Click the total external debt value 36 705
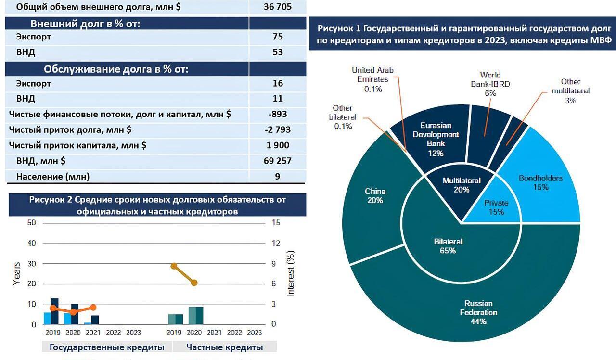tap(277, 7)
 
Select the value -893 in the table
tap(277, 114)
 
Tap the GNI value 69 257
tap(277, 160)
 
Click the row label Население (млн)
tap(53, 176)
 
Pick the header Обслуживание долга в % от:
tap(115, 69)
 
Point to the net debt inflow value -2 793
tap(277, 129)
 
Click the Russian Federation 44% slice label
tap(478, 312)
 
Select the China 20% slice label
tap(375, 195)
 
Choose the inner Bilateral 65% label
tap(448, 245)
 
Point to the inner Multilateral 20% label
tap(462, 185)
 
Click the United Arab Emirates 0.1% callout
tap(372, 79)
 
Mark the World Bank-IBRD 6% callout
tap(490, 84)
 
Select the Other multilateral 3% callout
tap(570, 91)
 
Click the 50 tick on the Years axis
tap(32, 223)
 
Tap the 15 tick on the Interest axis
tap(276, 223)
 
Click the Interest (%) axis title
tap(291, 273)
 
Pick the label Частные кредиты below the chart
tap(224, 347)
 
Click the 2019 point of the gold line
tap(174, 266)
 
